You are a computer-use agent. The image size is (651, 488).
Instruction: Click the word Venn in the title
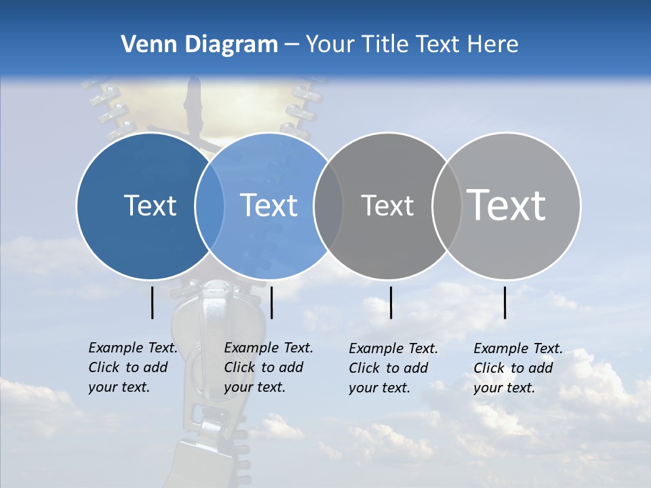[x=142, y=45]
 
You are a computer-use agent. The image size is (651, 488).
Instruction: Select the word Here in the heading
[x=493, y=45]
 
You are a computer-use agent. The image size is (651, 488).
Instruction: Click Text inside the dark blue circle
[x=150, y=205]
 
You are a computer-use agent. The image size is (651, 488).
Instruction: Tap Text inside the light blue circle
[x=269, y=205]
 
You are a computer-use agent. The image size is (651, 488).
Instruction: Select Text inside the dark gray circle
[x=387, y=205]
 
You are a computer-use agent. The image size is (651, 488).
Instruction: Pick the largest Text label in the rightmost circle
[x=507, y=205]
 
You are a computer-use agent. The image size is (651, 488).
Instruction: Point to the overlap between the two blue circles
[x=210, y=206]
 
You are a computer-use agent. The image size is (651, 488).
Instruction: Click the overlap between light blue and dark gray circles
[x=328, y=206]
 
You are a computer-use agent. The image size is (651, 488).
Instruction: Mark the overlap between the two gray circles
[x=447, y=206]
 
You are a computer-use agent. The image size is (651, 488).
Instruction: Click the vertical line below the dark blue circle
[x=153, y=302]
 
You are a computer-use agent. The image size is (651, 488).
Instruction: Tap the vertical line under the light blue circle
[x=271, y=302]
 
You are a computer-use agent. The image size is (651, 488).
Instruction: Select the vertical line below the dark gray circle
[x=391, y=302]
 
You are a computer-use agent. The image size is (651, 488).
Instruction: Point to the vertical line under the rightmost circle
[x=505, y=302]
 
